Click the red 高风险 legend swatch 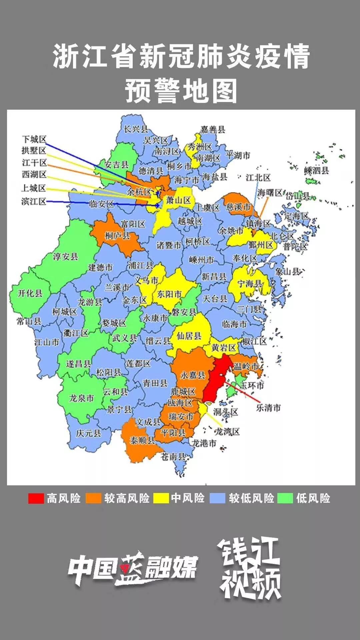[x=36, y=498]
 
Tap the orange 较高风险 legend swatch [x=93, y=498]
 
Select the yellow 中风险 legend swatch [x=161, y=498]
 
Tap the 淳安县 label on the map [x=66, y=256]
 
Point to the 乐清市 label [x=268, y=407]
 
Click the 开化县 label [x=30, y=293]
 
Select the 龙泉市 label [x=81, y=398]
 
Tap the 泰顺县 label [x=142, y=440]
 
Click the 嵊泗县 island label [x=317, y=170]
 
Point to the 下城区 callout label [x=34, y=139]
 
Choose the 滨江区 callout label [x=34, y=201]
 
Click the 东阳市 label [x=169, y=294]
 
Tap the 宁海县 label [x=250, y=284]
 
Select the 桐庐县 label [x=117, y=236]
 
